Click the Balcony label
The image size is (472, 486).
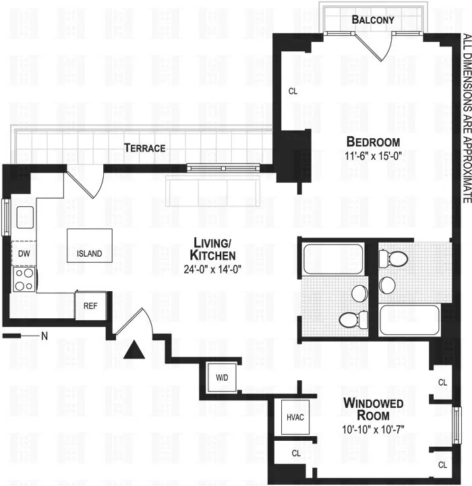pyautogui.click(x=373, y=20)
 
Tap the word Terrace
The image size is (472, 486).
pyautogui.click(x=144, y=148)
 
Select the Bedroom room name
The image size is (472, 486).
pyautogui.click(x=373, y=142)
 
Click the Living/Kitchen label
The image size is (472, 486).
pyautogui.click(x=214, y=249)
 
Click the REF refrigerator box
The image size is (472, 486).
pyautogui.click(x=90, y=305)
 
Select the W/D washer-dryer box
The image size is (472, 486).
pyautogui.click(x=222, y=377)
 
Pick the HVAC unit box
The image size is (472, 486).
pyautogui.click(x=295, y=417)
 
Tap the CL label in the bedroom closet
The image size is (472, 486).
pyautogui.click(x=293, y=91)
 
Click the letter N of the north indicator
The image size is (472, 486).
pyautogui.click(x=45, y=335)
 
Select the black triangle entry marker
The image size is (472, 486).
pyautogui.click(x=134, y=350)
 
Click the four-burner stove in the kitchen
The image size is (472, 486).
pyautogui.click(x=24, y=280)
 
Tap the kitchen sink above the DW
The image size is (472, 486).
pyautogui.click(x=25, y=217)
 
